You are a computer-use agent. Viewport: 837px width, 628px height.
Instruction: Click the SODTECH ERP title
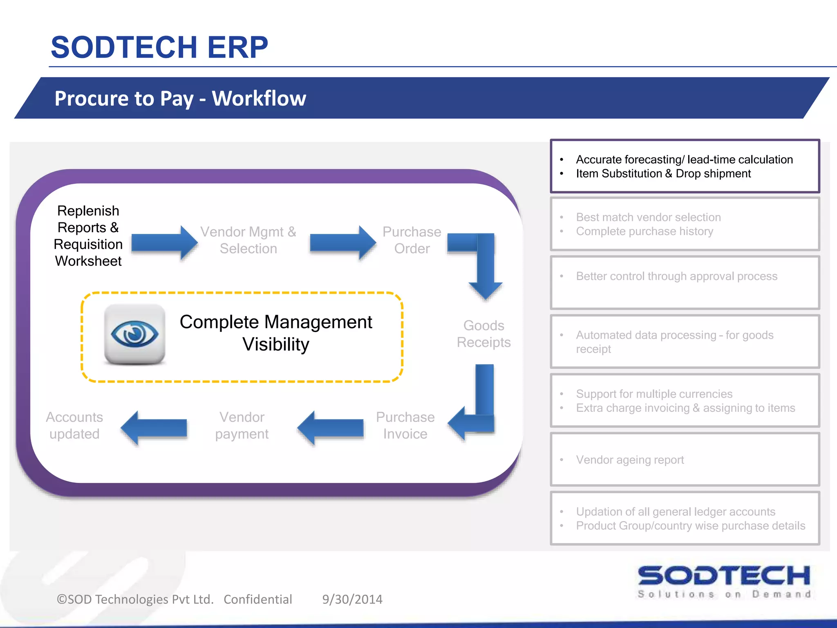159,47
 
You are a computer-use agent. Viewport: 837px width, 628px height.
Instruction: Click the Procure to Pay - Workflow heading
180,99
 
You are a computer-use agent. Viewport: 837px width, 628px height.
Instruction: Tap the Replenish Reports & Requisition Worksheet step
88,236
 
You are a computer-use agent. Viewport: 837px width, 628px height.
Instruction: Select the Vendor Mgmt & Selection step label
248,240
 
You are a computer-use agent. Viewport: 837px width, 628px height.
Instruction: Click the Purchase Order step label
412,240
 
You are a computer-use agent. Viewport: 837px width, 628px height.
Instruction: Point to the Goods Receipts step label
483,334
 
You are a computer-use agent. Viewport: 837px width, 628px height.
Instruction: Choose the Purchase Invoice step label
405,425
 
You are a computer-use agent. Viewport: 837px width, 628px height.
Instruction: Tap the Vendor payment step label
242,425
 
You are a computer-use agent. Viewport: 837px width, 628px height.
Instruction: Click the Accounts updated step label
74,425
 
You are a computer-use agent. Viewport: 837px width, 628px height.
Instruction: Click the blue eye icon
134,334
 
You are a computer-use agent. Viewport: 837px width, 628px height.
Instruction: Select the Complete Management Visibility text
276,333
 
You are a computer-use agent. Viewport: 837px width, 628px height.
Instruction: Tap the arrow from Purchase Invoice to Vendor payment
331,428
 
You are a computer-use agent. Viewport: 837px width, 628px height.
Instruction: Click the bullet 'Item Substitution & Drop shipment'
663,174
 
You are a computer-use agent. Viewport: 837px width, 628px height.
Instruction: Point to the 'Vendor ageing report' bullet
630,460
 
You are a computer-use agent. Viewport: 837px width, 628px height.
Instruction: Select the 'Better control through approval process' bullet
676,276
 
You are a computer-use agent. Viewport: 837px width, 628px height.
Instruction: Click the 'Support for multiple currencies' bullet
654,394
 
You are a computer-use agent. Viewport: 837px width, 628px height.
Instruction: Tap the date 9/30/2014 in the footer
352,599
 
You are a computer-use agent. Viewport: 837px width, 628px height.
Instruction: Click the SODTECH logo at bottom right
724,581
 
